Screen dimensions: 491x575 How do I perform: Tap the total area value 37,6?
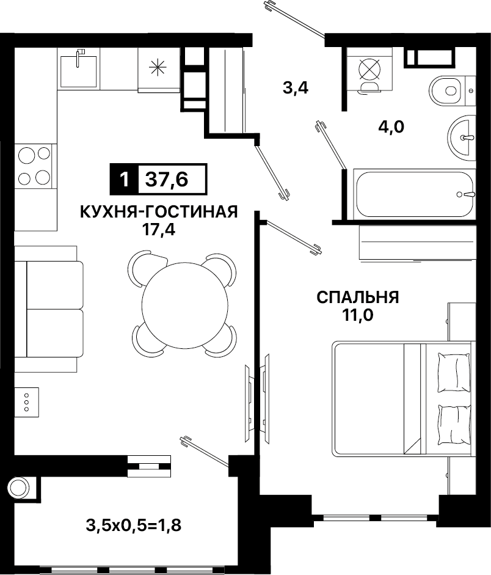167,179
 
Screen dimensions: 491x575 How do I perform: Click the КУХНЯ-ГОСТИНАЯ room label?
159,211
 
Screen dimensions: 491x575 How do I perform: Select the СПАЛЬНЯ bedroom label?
358,298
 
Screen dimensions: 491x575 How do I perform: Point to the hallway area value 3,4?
296,89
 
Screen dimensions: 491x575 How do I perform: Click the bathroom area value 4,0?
391,127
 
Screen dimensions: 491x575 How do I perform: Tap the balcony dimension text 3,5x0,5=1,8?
134,526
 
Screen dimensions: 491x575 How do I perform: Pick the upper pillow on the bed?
454,372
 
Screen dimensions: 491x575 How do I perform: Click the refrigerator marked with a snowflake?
159,69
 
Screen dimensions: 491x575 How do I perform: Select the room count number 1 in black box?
124,179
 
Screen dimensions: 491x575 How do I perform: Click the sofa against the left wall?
49,309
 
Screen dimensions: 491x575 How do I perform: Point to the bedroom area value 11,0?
358,315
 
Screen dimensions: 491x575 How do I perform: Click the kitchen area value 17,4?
159,230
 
